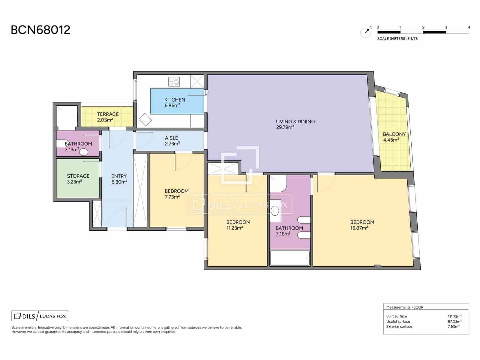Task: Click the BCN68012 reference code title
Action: (40, 30)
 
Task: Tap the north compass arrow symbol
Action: (367, 31)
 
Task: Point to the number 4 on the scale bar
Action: (469, 27)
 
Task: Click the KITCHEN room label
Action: (175, 100)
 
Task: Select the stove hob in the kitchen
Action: (174, 82)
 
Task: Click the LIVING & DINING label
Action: (295, 121)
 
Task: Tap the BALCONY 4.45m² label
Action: (394, 137)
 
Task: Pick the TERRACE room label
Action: (108, 114)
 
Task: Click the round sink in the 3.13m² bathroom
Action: (83, 152)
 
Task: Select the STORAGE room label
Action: (78, 176)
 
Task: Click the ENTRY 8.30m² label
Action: (119, 179)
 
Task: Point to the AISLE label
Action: (171, 138)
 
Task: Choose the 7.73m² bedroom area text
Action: (172, 197)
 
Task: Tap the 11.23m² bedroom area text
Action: (234, 228)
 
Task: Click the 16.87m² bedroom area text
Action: (359, 228)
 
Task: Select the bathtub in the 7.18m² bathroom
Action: (290, 258)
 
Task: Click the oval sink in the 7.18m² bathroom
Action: (275, 211)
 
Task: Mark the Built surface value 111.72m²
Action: (454, 316)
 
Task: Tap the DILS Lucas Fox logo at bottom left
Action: (40, 316)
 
